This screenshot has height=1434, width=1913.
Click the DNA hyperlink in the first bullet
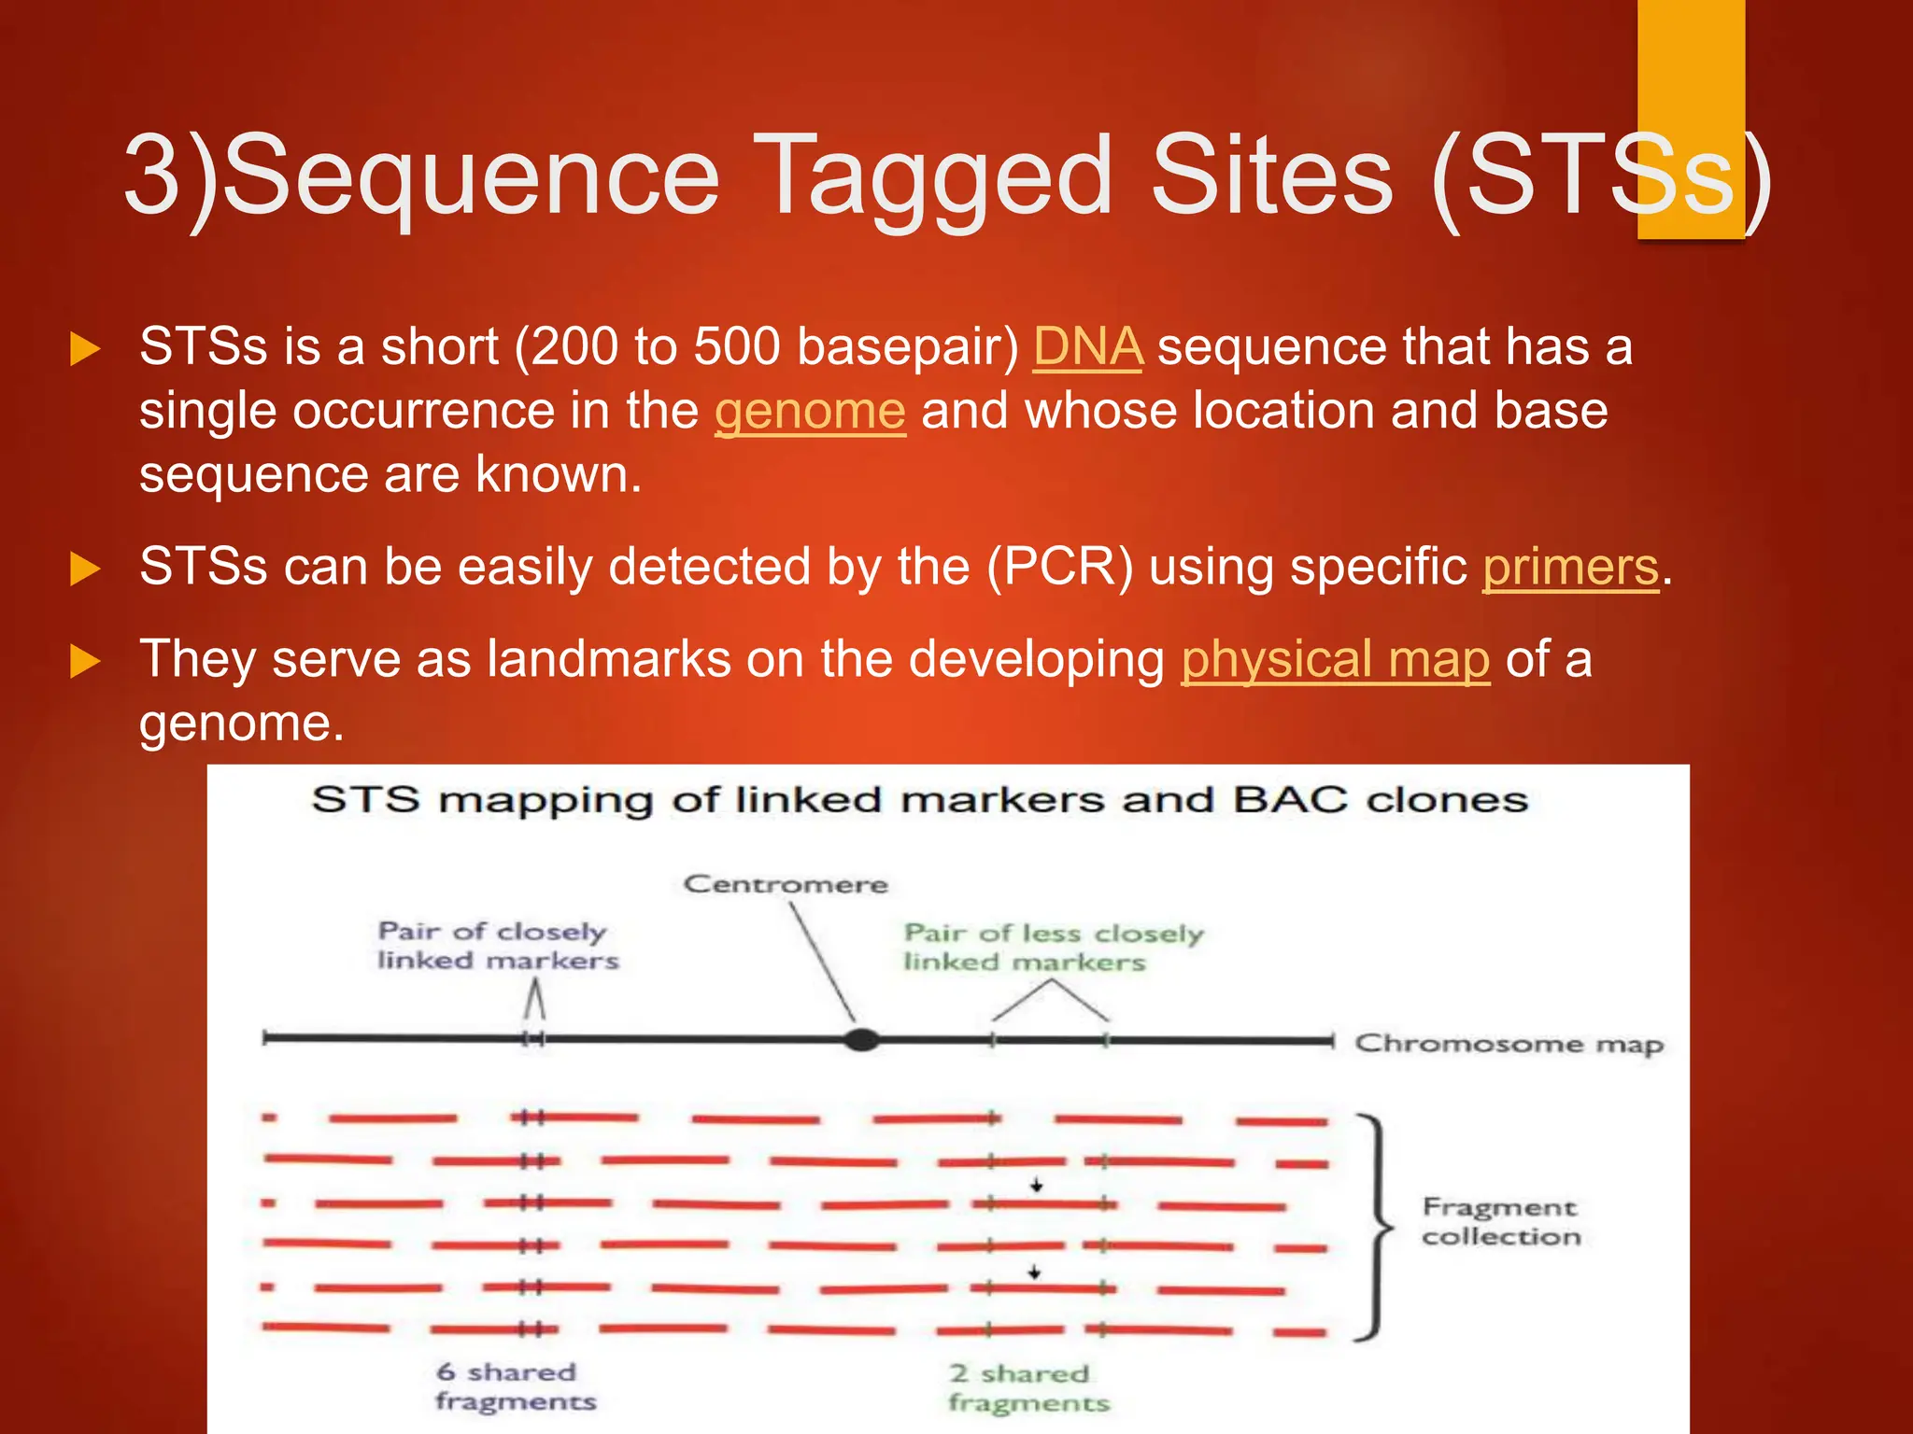(x=1087, y=347)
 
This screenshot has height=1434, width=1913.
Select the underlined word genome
(x=810, y=412)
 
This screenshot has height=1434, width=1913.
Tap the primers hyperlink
(x=1571, y=568)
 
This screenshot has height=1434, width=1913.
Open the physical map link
(x=1336, y=660)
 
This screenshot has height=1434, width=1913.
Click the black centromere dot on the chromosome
(x=861, y=1039)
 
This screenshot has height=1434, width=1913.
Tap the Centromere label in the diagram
(x=786, y=884)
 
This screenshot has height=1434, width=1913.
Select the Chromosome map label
(x=1509, y=1045)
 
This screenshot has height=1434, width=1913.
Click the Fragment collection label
(x=1501, y=1221)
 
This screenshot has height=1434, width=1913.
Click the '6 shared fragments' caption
(x=516, y=1386)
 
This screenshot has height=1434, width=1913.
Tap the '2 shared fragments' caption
(x=1029, y=1388)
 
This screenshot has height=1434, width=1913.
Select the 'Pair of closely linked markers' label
(x=498, y=946)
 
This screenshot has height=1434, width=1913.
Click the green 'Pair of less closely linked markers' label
(x=1054, y=948)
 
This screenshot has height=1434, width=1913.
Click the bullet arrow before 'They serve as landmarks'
(x=85, y=662)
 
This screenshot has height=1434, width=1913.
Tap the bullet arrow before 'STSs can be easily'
(x=85, y=569)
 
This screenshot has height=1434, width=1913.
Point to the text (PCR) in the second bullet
(x=1060, y=568)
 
